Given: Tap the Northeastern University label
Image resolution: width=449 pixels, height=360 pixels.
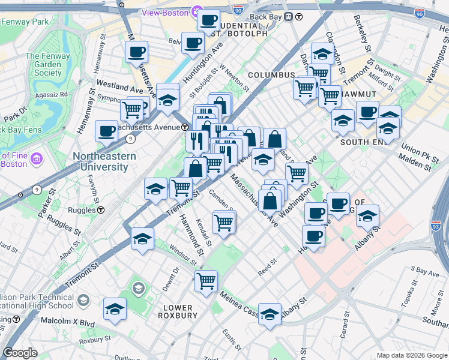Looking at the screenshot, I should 104,162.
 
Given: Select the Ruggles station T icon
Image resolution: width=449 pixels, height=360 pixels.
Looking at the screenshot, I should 101,210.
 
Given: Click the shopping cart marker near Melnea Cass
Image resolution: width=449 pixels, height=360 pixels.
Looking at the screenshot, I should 206,280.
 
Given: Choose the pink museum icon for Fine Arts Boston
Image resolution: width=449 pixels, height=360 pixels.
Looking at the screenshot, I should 35,159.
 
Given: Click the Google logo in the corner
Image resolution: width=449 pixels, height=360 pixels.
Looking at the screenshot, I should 20,353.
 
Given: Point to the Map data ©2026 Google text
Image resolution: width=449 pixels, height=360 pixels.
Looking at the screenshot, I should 411,355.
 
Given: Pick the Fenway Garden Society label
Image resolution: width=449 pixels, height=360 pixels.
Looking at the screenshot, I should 43,65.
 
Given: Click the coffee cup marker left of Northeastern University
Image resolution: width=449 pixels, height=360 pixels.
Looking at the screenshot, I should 107,131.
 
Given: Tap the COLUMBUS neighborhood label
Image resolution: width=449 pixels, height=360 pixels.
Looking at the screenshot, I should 271,75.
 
